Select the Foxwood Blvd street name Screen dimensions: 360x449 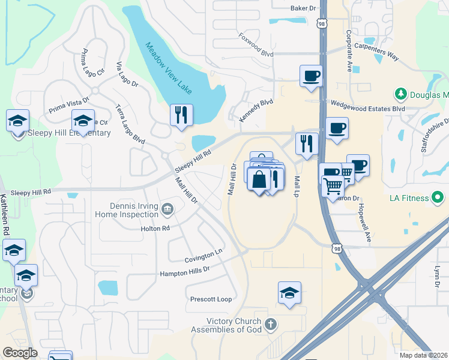coord(256,45)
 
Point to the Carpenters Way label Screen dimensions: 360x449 coord(376,49)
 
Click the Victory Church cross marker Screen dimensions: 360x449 coord(271,325)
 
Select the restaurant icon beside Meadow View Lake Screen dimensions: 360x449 coord(181,115)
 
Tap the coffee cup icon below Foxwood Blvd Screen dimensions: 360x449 coord(311,76)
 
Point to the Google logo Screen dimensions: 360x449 coord(20,353)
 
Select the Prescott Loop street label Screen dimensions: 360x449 coord(211,299)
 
